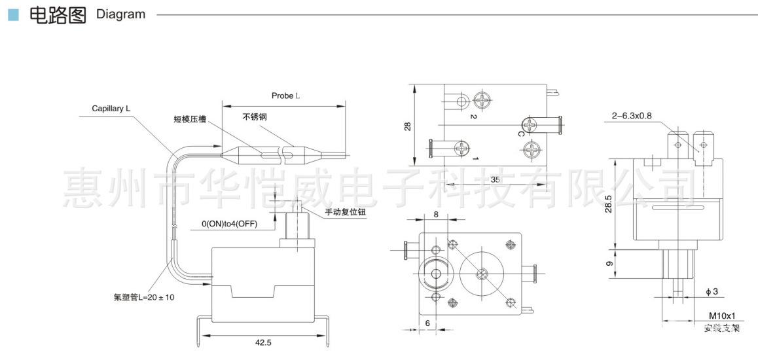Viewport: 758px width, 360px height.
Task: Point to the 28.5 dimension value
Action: pyautogui.click(x=609, y=203)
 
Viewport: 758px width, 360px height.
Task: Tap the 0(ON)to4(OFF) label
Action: pyautogui.click(x=229, y=225)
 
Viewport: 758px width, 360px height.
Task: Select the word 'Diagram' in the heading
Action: pyautogui.click(x=120, y=14)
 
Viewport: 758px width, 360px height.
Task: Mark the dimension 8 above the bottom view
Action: pyautogui.click(x=435, y=214)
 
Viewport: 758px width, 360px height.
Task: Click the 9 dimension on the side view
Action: pyautogui.click(x=609, y=264)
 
